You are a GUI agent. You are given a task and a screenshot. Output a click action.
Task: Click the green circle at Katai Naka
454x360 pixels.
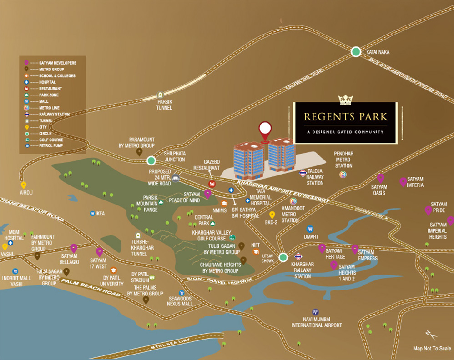tap(356, 52)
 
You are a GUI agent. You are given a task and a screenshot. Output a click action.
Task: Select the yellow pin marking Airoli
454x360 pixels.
tap(24, 185)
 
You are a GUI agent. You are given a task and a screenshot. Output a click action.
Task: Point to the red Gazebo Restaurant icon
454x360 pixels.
tap(212, 184)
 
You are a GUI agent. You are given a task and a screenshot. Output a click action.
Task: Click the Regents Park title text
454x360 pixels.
tap(345, 116)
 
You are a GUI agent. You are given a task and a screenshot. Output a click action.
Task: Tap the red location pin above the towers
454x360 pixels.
tap(264, 130)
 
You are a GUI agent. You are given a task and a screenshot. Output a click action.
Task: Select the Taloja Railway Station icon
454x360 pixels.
tap(302, 173)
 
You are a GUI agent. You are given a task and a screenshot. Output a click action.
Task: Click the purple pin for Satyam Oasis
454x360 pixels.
tap(380, 178)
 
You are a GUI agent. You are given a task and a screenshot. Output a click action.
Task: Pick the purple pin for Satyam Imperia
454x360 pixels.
tap(403, 182)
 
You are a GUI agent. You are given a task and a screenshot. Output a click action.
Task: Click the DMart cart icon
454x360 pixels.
tap(310, 229)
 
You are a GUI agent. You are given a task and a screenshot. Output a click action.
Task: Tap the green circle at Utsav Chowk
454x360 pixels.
tap(283, 257)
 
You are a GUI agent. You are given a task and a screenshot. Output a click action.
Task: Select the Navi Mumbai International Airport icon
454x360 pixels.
tap(315, 312)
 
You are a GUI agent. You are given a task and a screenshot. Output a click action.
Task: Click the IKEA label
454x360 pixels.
tap(100, 213)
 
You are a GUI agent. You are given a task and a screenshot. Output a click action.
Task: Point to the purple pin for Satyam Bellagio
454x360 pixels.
tap(74, 248)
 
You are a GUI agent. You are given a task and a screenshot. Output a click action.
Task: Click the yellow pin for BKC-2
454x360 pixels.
tap(272, 215)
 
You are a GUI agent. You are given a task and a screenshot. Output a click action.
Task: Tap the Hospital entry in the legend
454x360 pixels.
tap(47, 82)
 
